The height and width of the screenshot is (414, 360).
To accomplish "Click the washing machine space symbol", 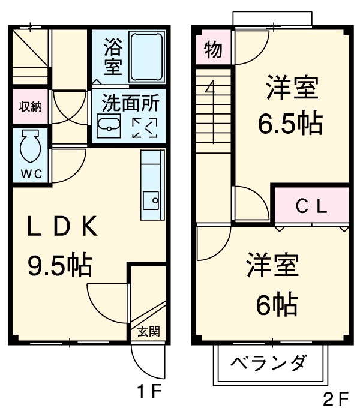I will [144, 127].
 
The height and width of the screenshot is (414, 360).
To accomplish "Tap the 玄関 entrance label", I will [148, 331].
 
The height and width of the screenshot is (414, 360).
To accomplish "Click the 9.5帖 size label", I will [59, 265].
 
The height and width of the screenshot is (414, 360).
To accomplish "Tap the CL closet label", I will [311, 206].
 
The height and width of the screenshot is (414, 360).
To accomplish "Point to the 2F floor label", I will [335, 399].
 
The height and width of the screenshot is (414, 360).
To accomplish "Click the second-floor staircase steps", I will [213, 120].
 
